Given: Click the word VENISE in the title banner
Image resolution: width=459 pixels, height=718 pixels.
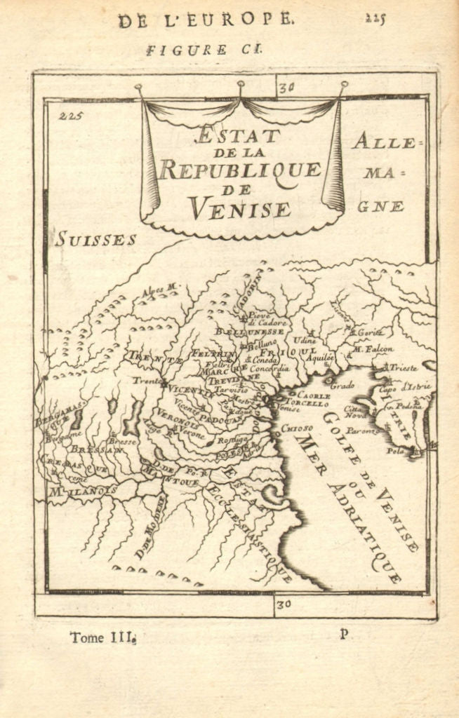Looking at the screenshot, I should point(239,208).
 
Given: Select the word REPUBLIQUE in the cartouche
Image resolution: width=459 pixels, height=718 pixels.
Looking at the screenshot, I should point(240,169).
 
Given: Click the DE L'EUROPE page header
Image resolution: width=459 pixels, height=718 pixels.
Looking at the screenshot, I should point(205,20).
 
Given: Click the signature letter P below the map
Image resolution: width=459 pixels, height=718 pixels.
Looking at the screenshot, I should point(343,634).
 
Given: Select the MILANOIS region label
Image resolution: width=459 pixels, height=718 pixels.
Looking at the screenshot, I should point(81,492).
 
